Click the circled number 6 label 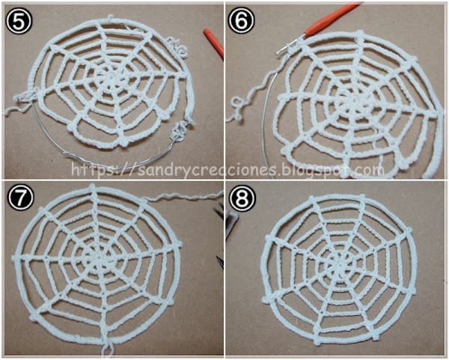[241, 22]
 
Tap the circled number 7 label [19, 197]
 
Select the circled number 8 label [242, 198]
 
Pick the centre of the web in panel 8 [340, 265]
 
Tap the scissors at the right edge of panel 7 [221, 238]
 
